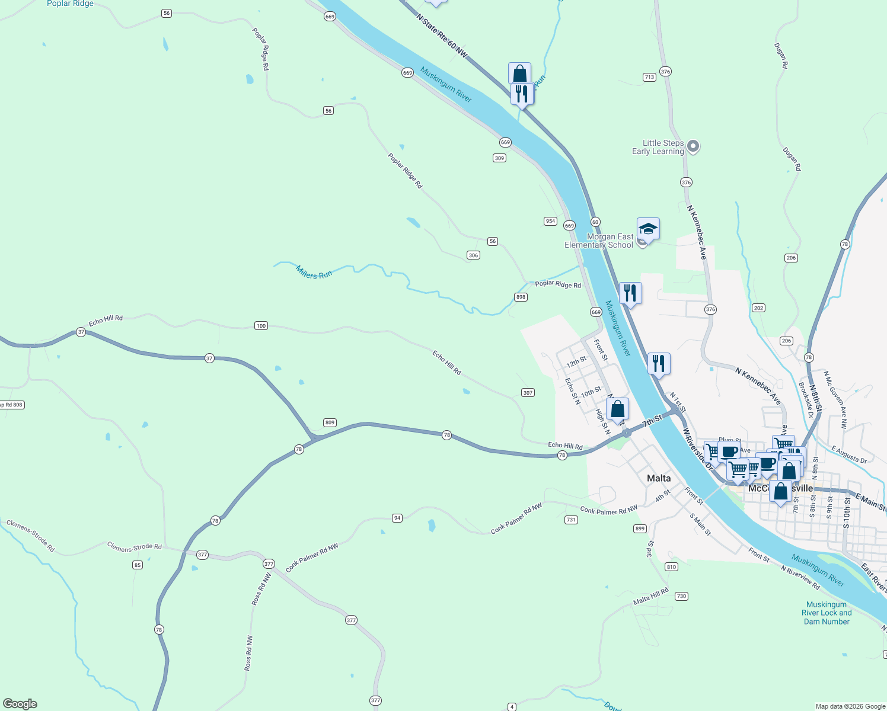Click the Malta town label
pos(659,478)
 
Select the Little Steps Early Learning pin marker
pos(694,146)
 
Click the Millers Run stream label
pos(314,273)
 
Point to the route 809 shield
pos(330,422)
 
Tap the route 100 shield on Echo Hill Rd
pos(261,326)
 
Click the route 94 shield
pos(397,518)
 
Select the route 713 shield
pos(649,77)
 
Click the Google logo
pos(20,704)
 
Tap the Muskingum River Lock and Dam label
pos(827,613)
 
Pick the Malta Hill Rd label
pos(650,596)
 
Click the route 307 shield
pos(528,393)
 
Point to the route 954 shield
pos(550,221)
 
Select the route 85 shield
pos(138,565)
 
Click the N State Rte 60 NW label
pos(442,36)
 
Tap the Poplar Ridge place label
pos(70,4)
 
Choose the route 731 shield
pos(570,520)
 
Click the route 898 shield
pos(521,297)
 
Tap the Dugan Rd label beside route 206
pos(792,159)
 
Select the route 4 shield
pos(512,707)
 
